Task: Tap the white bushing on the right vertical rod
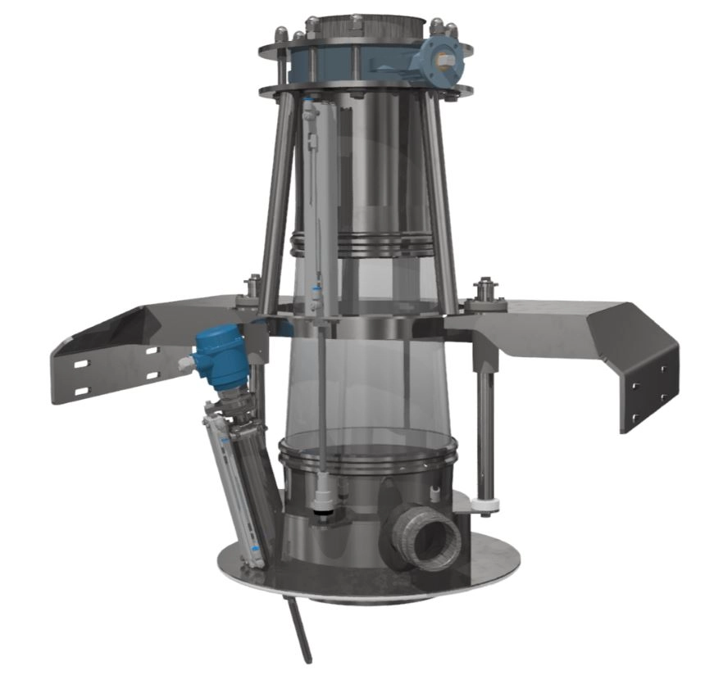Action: [x=488, y=503]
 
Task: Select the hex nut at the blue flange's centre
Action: [x=443, y=58]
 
